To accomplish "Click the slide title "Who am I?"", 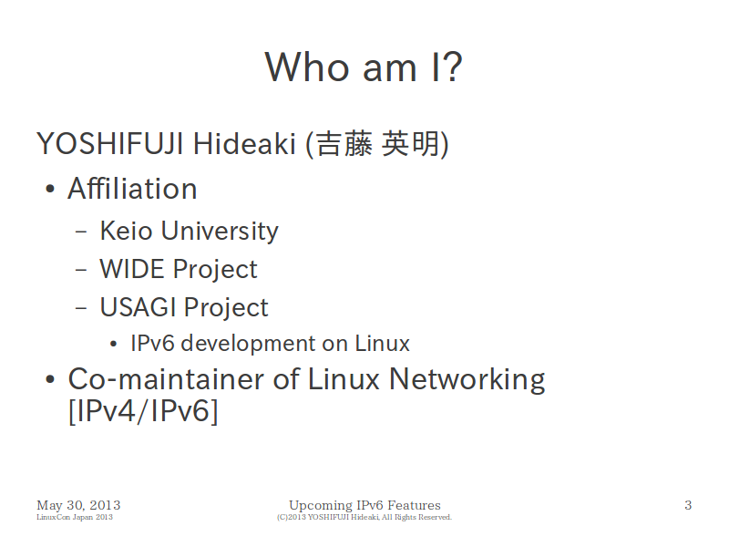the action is [364, 67].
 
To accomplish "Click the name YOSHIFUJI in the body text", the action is [109, 144].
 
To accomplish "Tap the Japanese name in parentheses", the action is [377, 144].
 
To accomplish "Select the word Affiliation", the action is [132, 189].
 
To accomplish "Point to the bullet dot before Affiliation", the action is [50, 190].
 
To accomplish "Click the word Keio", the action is [126, 231].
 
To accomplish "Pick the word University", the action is [220, 232].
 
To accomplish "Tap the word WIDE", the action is [132, 269].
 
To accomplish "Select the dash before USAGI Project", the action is [81, 308].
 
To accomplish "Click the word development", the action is [264, 344].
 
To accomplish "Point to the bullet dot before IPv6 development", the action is [113, 345].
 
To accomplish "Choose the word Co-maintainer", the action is [167, 379].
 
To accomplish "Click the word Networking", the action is [467, 380].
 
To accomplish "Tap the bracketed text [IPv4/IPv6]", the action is [143, 411].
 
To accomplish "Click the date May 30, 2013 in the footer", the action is [78, 505].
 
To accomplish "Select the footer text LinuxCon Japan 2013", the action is [75, 517].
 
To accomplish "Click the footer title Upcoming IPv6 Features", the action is [365, 506].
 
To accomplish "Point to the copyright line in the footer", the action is [364, 517].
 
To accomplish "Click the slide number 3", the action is [688, 505].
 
